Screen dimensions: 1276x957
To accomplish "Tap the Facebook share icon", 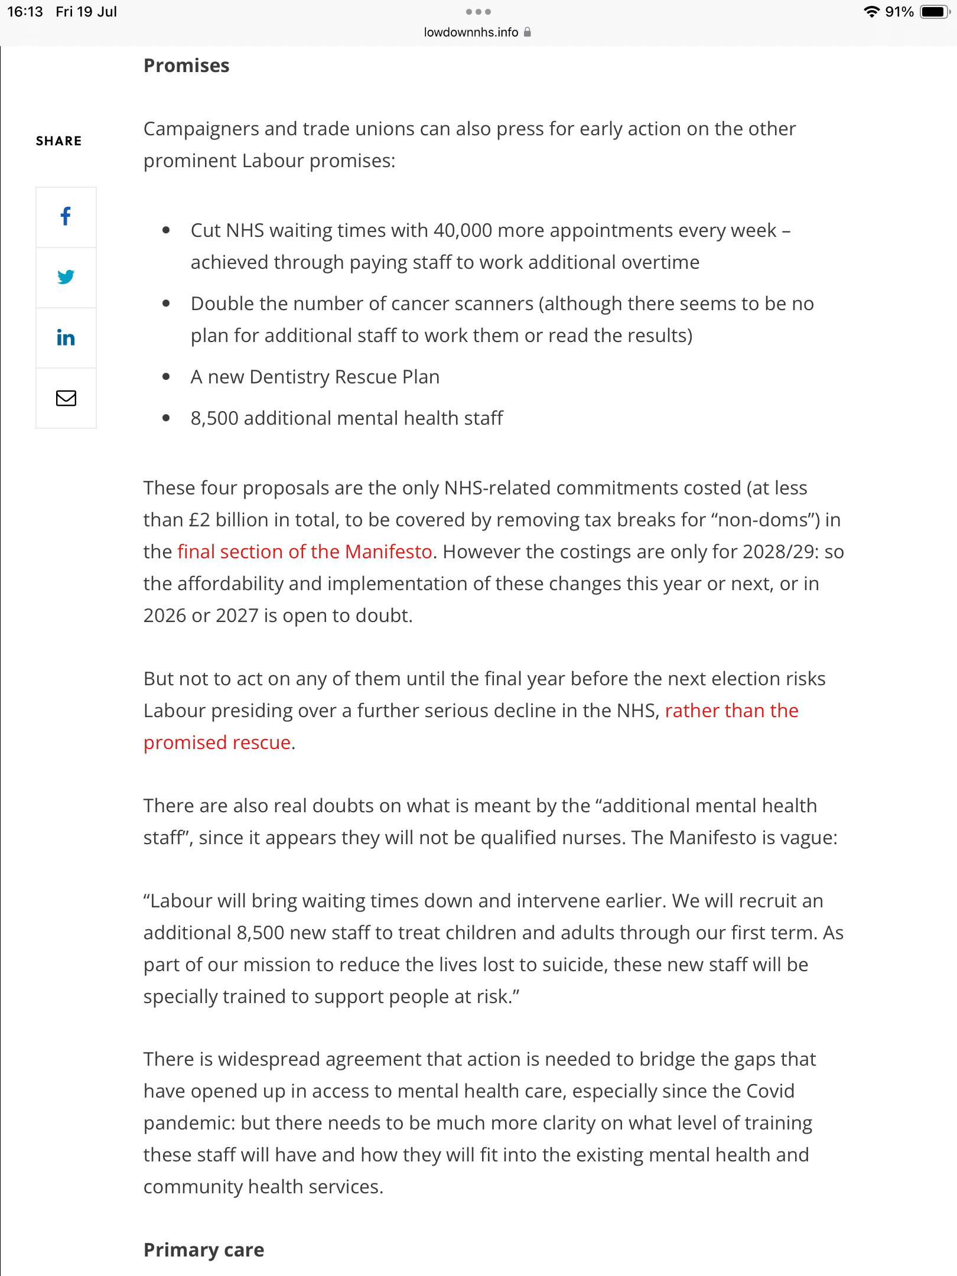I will pyautogui.click(x=66, y=217).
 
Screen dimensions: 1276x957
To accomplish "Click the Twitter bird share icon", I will pyautogui.click(x=66, y=277).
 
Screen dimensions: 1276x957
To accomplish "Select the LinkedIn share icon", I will pyautogui.click(x=66, y=337).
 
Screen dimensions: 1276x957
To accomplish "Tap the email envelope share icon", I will pyautogui.click(x=66, y=398).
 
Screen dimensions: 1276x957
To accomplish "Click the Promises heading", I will pyautogui.click(x=186, y=66).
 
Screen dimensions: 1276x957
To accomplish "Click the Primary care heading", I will pyautogui.click(x=204, y=1249).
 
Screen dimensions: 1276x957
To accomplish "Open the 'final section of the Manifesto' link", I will pyautogui.click(x=305, y=552).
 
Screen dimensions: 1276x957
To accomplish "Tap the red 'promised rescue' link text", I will pyautogui.click(x=217, y=743).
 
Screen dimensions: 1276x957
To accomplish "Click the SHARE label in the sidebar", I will pyautogui.click(x=58, y=141).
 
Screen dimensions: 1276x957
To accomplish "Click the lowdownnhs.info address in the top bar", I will pyautogui.click(x=471, y=32).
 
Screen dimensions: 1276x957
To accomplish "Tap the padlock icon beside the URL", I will pyautogui.click(x=528, y=32).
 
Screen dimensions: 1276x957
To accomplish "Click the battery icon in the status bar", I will pyautogui.click(x=935, y=12).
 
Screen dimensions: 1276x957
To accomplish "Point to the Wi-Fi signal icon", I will pyautogui.click(x=871, y=12).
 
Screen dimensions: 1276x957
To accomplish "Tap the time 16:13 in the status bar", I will pyautogui.click(x=25, y=12).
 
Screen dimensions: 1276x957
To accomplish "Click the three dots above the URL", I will pyautogui.click(x=478, y=12).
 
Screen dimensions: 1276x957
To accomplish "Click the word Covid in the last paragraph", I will pyautogui.click(x=770, y=1091).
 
